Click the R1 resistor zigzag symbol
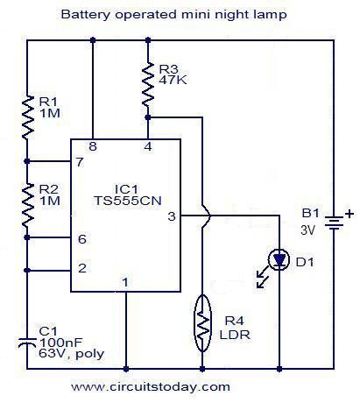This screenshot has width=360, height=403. (28, 117)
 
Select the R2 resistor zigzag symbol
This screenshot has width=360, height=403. (28, 206)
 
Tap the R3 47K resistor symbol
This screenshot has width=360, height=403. (148, 84)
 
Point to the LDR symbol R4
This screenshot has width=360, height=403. (202, 323)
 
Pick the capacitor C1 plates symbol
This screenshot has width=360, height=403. (27, 343)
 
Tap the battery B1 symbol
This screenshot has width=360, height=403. (334, 223)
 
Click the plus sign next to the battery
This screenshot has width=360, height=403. (349, 214)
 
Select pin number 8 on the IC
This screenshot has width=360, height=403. (93, 146)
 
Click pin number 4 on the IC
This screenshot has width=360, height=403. (148, 146)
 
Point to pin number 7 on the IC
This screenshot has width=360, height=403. (80, 162)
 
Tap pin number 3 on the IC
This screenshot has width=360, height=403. (172, 216)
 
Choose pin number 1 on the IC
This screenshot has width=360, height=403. (125, 282)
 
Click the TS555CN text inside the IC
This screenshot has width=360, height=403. (128, 201)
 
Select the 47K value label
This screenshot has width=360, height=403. (173, 80)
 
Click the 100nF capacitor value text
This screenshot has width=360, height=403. (61, 342)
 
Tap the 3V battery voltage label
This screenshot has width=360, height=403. (308, 230)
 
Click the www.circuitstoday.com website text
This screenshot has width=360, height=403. (151, 387)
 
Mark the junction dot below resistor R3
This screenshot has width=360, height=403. (148, 117)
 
